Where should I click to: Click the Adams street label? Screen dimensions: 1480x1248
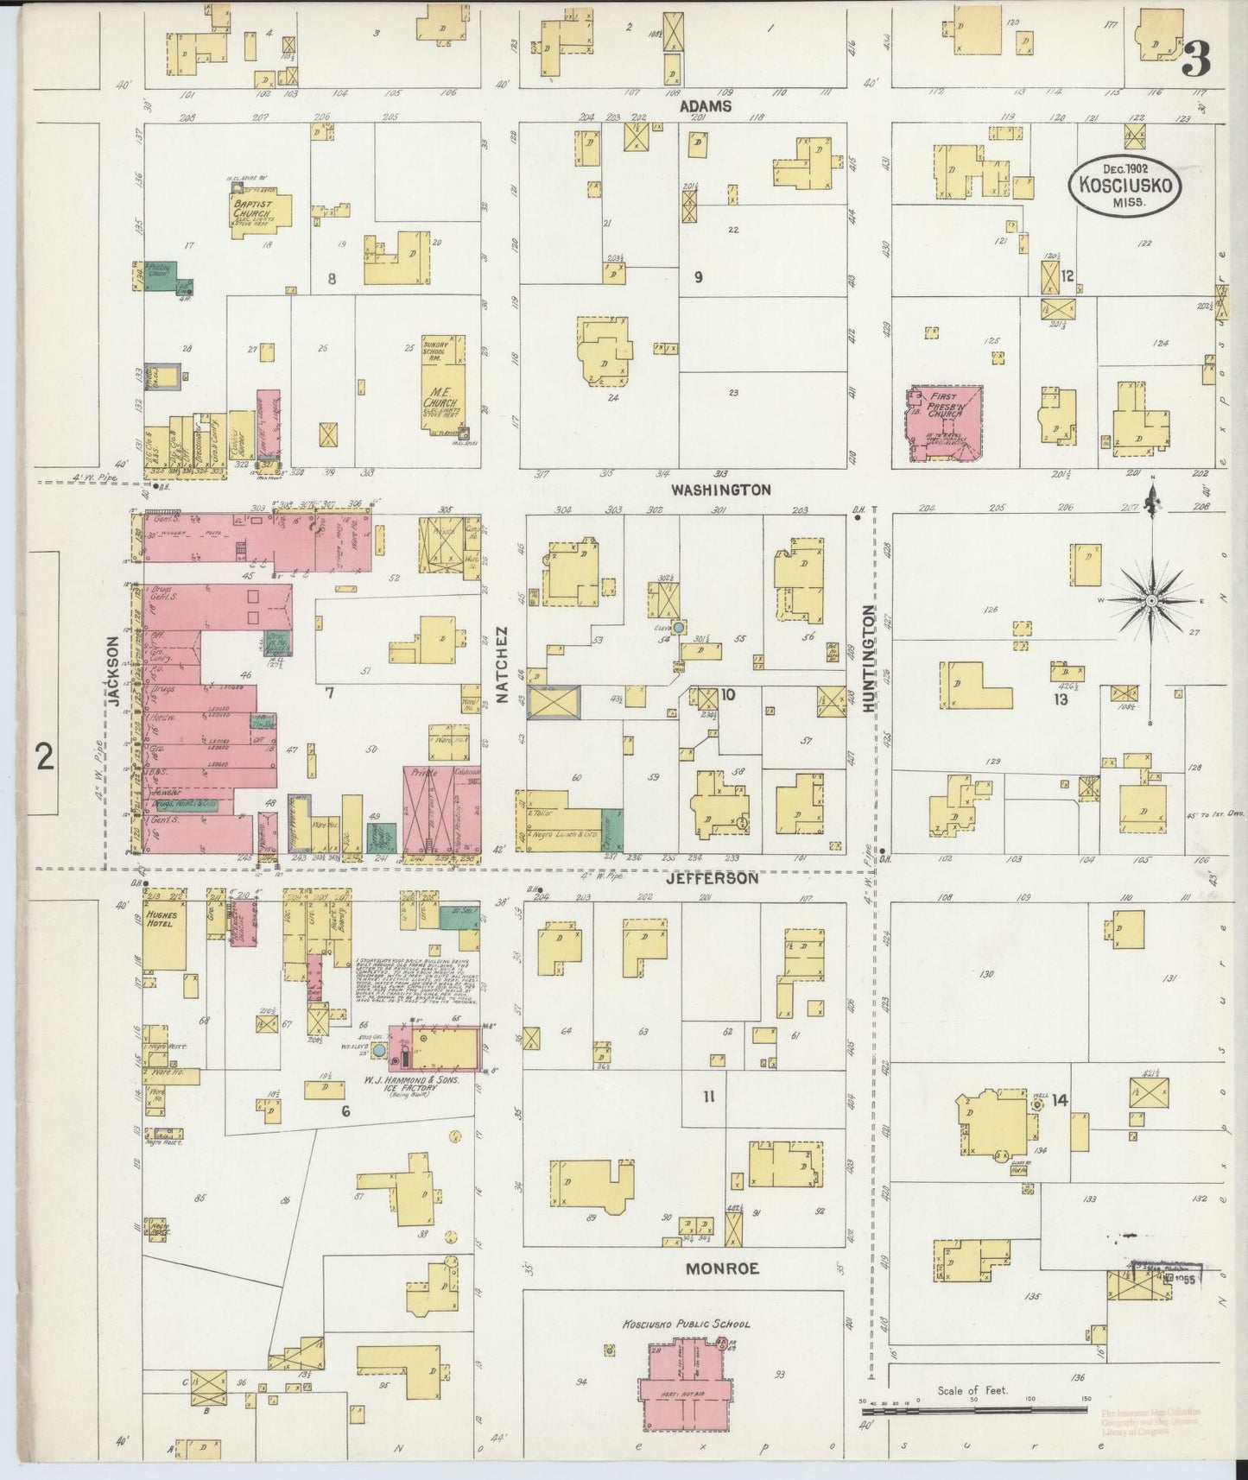pyautogui.click(x=706, y=106)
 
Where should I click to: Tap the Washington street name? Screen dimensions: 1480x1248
pyautogui.click(x=720, y=489)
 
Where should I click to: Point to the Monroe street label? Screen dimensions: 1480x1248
pyautogui.click(x=722, y=1268)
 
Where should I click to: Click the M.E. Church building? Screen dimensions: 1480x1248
pyautogui.click(x=444, y=384)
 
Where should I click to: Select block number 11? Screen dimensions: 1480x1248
pyautogui.click(x=709, y=1097)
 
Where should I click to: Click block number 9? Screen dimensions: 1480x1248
pyautogui.click(x=698, y=277)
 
